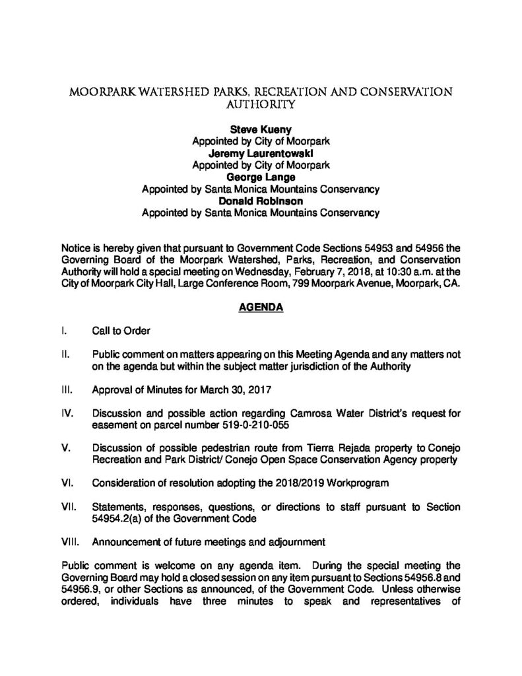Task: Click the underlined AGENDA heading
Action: pyautogui.click(x=261, y=306)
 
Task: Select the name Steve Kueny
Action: pyautogui.click(x=261, y=131)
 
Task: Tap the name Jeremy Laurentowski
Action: pyautogui.click(x=261, y=154)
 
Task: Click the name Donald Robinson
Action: pyautogui.click(x=261, y=201)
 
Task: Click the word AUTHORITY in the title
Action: pyautogui.click(x=261, y=104)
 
